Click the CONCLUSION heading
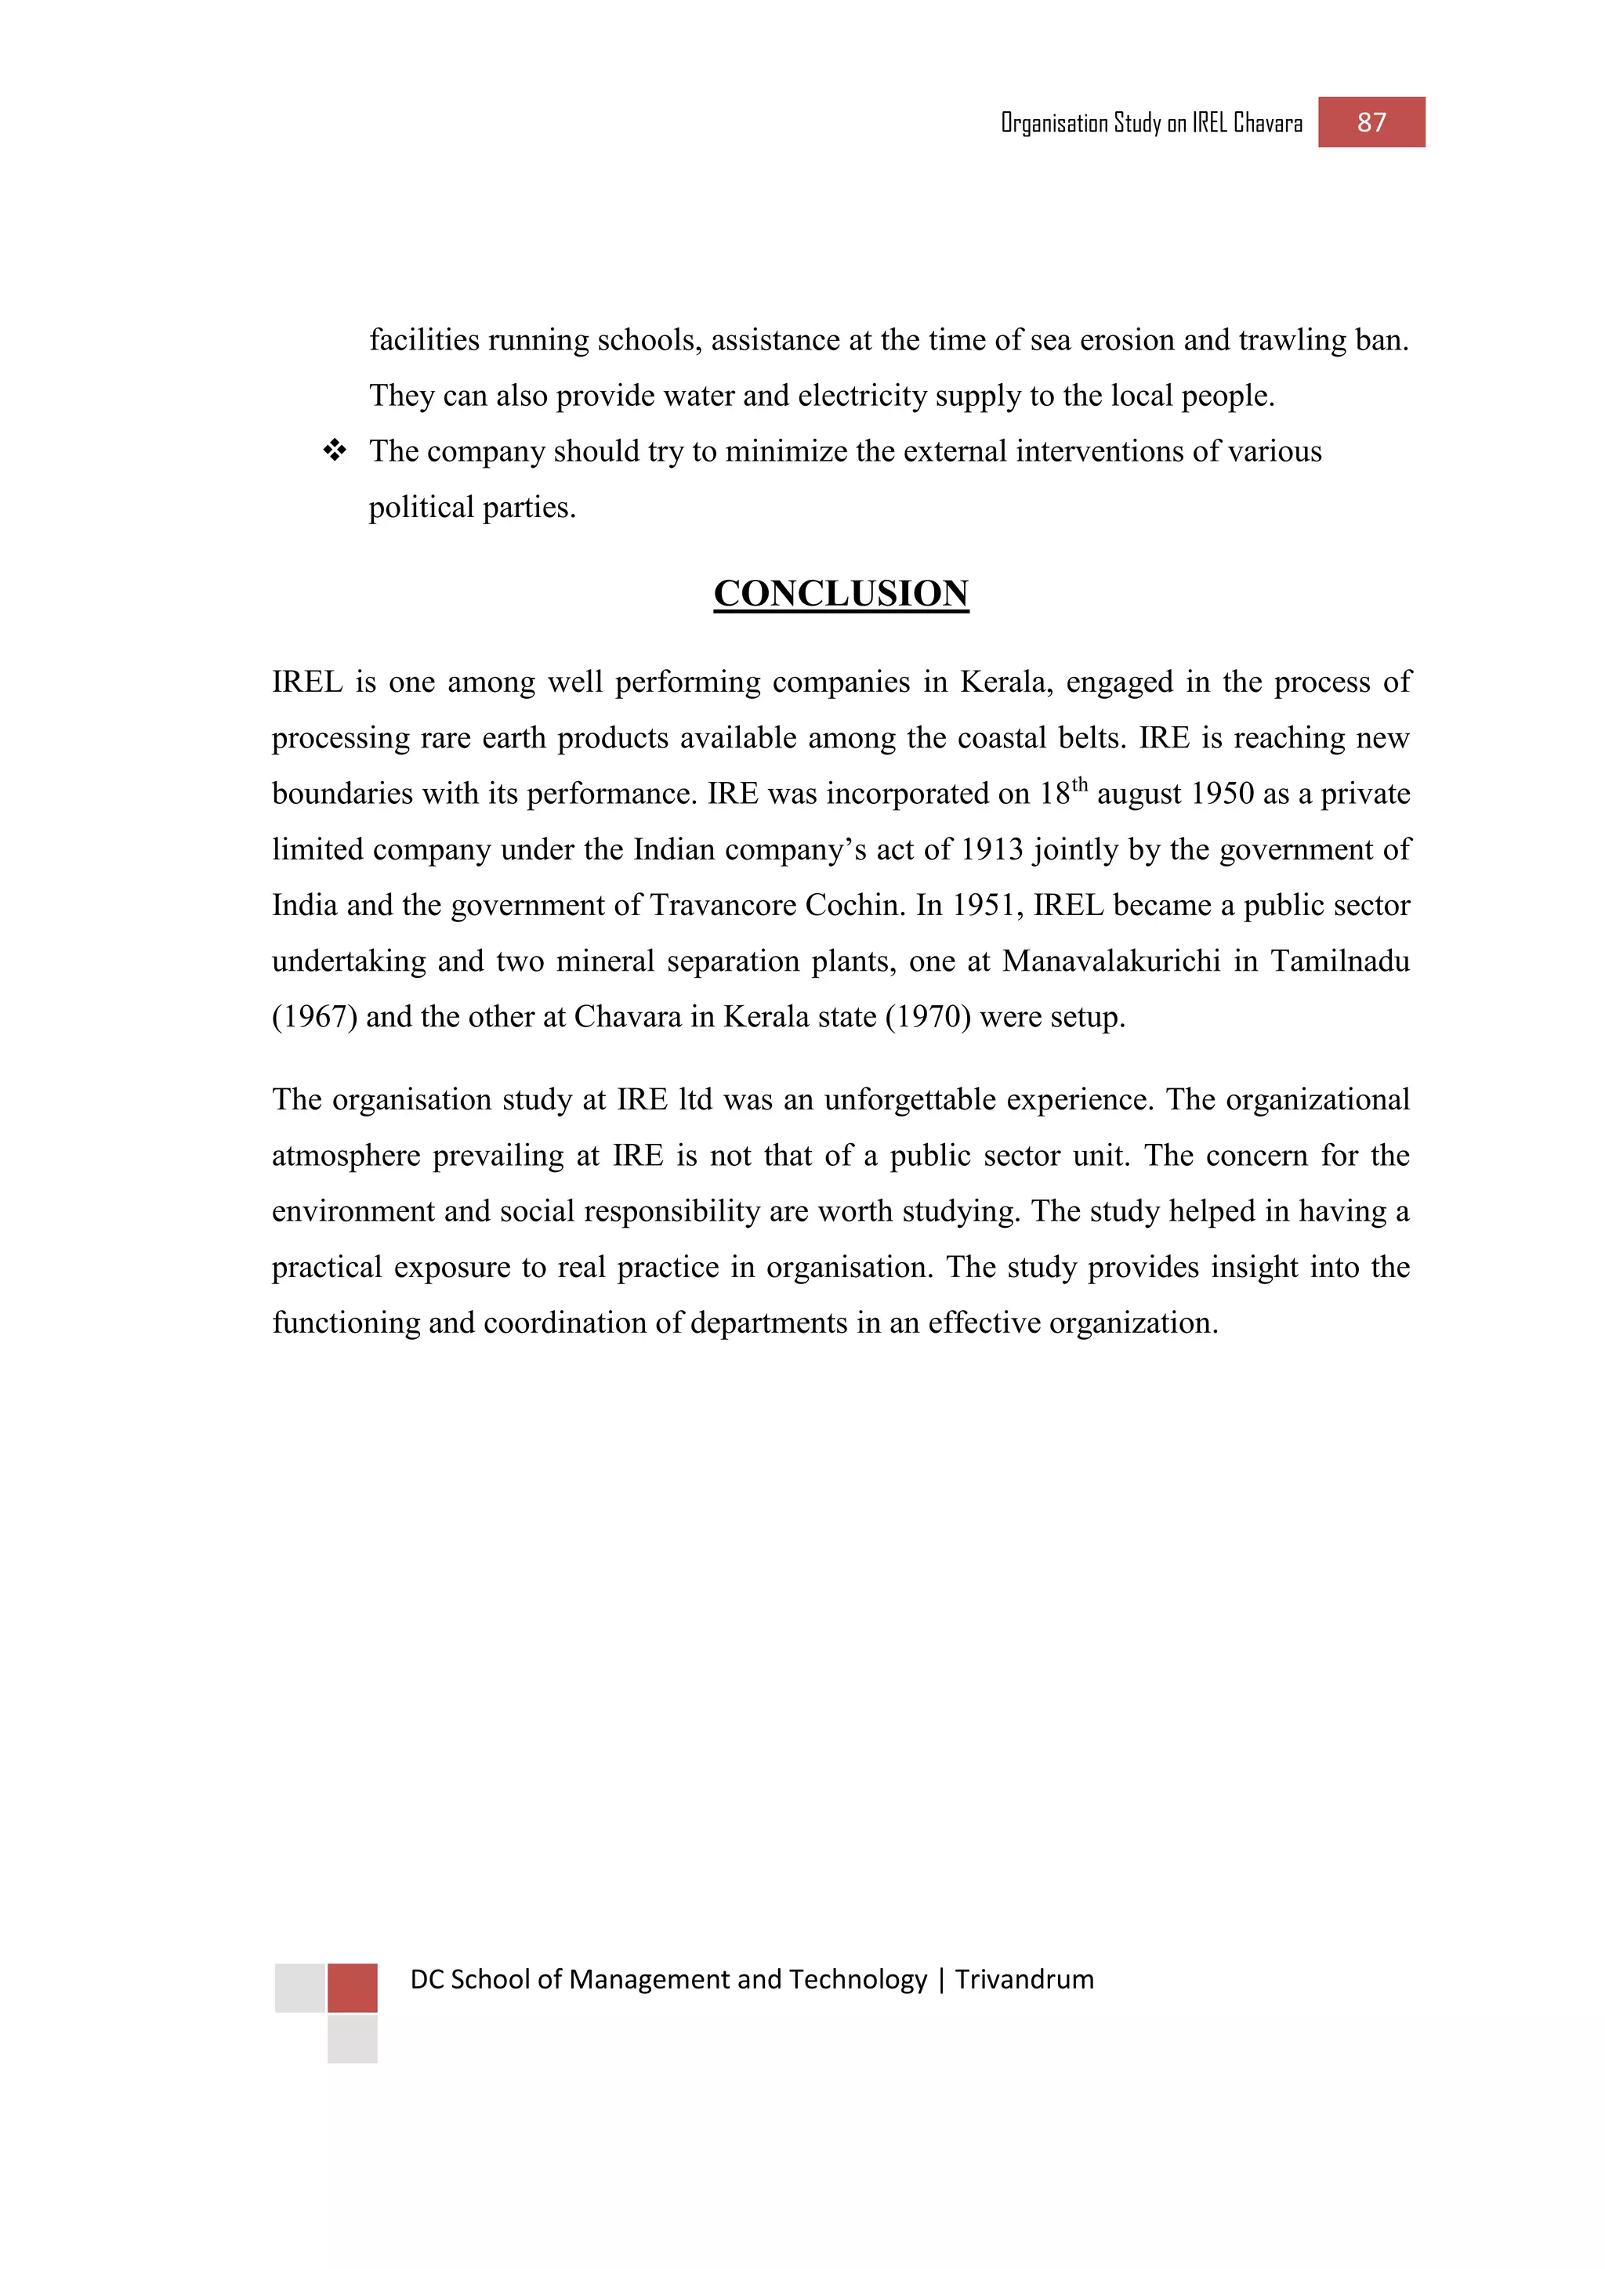[x=840, y=593]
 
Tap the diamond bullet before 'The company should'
[x=335, y=451]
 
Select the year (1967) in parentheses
[x=314, y=1017]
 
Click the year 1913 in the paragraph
[x=992, y=850]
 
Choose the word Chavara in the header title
[x=1268, y=124]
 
